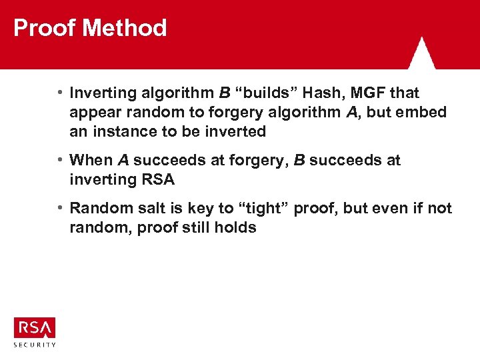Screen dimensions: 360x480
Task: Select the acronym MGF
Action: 369,93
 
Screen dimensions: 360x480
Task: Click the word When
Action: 91,160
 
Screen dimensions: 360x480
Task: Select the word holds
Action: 235,227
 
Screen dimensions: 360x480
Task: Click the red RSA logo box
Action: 35,327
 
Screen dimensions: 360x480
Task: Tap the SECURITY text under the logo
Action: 35,344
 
